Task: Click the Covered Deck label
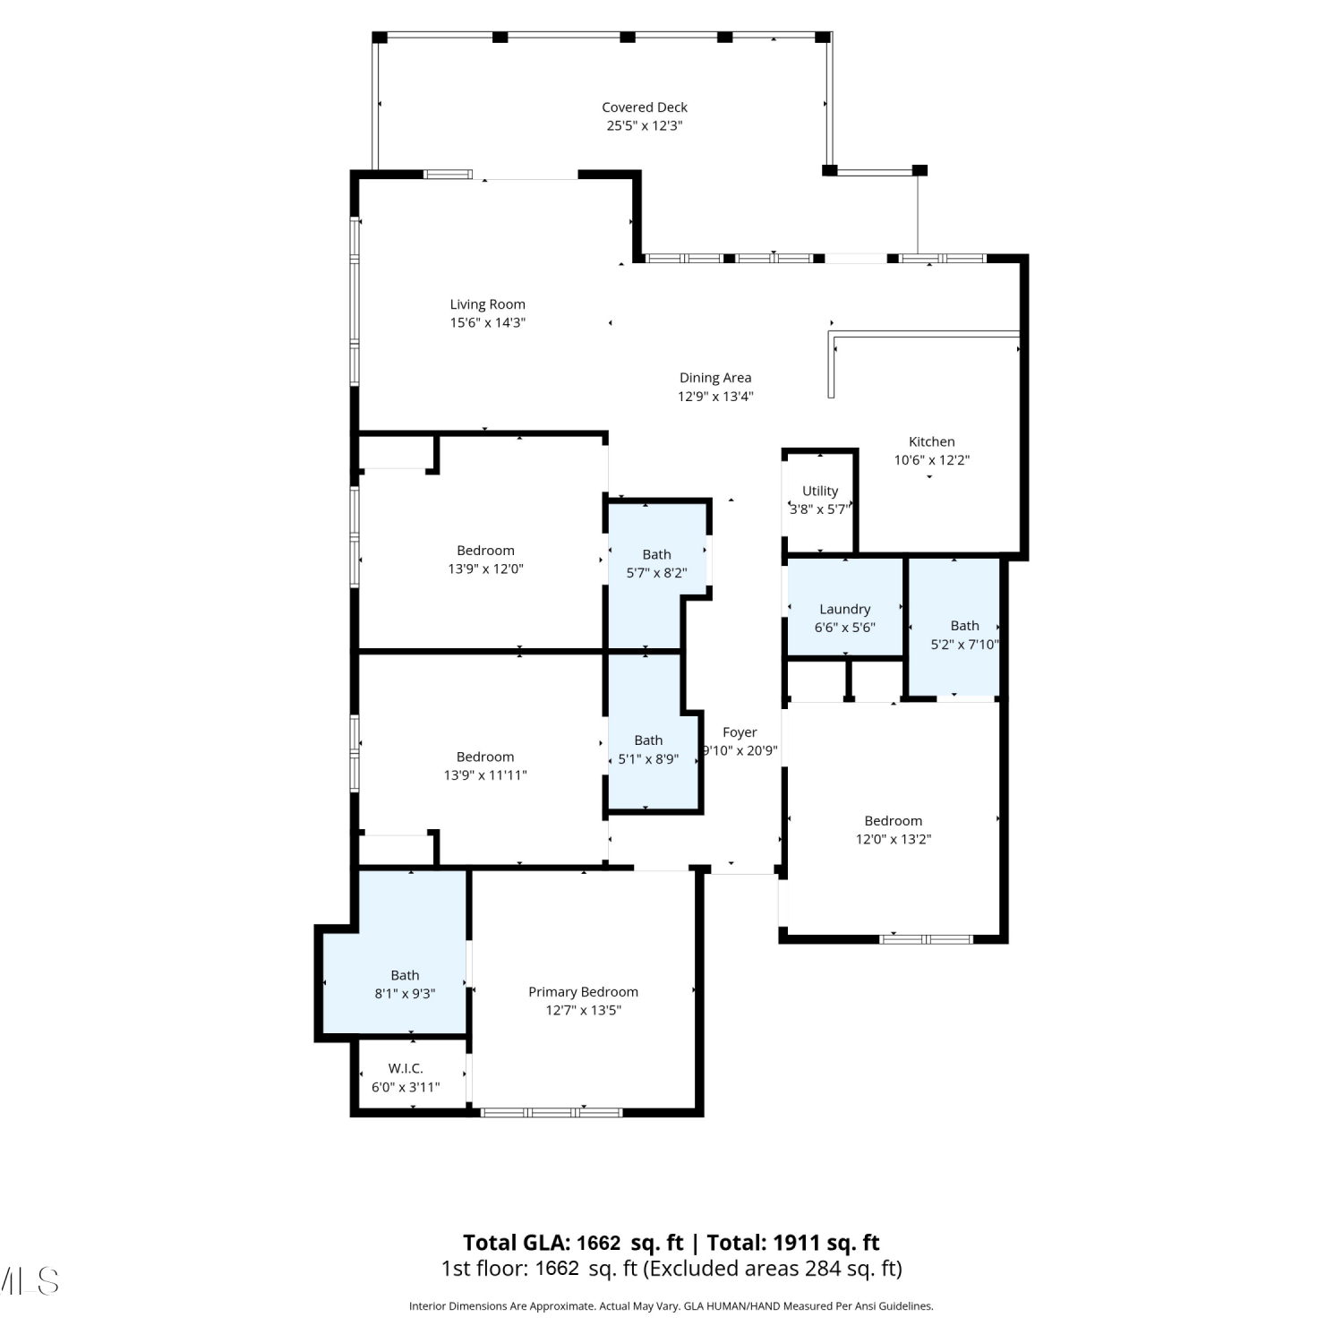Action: (x=645, y=107)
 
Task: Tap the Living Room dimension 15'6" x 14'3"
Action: (x=487, y=323)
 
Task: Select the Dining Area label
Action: (x=715, y=378)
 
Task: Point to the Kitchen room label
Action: (x=932, y=441)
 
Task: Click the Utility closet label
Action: (x=820, y=491)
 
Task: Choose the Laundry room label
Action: (x=845, y=609)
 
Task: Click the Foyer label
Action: (x=740, y=732)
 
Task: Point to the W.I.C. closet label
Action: (x=406, y=1068)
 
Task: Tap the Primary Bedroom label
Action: (x=583, y=992)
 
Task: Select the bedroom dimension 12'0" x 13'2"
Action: (x=894, y=840)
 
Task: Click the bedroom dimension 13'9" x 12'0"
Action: (x=485, y=569)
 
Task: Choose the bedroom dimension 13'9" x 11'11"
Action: (x=485, y=775)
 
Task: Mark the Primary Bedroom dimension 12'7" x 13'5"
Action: (x=583, y=1011)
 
